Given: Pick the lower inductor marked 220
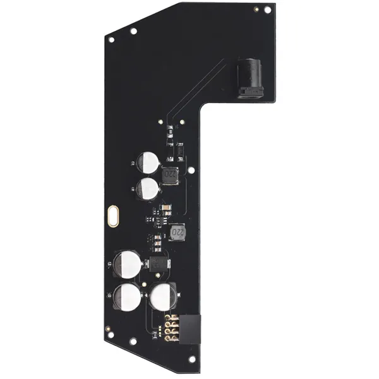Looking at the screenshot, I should coord(177,233).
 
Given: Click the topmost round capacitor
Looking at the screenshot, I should coord(148,160).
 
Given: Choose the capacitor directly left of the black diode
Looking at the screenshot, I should coord(126,263).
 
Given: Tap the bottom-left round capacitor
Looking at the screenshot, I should coord(128,296).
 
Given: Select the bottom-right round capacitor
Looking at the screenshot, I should coord(164,296).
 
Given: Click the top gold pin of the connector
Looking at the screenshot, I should coord(169,316).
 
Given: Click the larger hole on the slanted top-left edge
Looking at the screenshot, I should coord(133,30).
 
